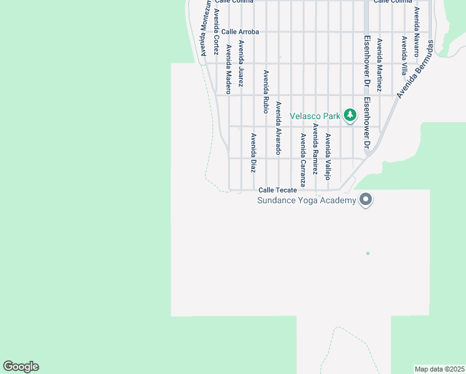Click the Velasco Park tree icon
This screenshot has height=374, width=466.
[350, 115]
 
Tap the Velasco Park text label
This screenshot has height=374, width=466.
[315, 116]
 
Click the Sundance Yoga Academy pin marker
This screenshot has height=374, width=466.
[366, 200]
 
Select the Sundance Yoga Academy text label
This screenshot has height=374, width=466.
[307, 200]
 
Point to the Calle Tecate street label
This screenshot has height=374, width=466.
[278, 190]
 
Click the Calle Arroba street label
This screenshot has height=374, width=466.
[240, 32]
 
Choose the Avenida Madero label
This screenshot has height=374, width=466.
[229, 69]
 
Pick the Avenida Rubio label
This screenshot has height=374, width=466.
[265, 91]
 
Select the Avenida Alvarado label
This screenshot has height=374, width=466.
[278, 128]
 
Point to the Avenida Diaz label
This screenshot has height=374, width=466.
[254, 153]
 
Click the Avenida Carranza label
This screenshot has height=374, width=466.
[303, 160]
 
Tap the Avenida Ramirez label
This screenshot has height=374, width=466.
[315, 148]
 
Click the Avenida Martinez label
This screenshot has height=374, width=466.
[379, 65]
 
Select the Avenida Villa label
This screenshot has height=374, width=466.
[404, 55]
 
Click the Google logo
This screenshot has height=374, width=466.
[21, 367]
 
